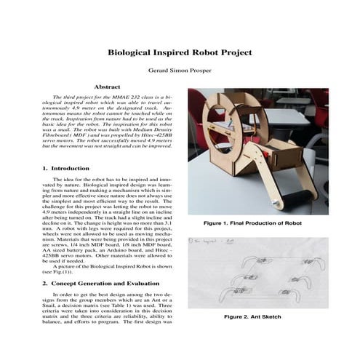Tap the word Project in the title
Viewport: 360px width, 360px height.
[x=234, y=53]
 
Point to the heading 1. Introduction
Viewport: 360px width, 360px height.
[x=66, y=168]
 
